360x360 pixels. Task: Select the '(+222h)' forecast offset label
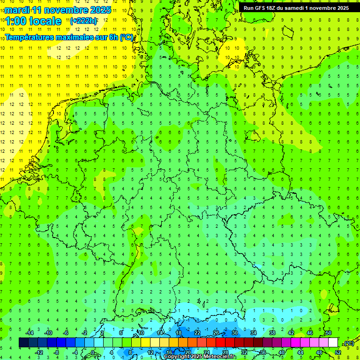[83, 21]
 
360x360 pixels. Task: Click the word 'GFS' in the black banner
[260, 8]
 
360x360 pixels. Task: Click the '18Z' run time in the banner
[272, 8]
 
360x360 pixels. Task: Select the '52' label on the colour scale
[338, 352]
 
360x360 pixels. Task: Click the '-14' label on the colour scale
[29, 333]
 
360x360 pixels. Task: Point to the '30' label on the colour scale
[234, 333]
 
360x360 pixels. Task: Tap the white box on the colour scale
[333, 343]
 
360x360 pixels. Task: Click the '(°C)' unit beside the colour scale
[349, 343]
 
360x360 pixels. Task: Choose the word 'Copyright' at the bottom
[176, 357]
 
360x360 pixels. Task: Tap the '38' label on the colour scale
[272, 333]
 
